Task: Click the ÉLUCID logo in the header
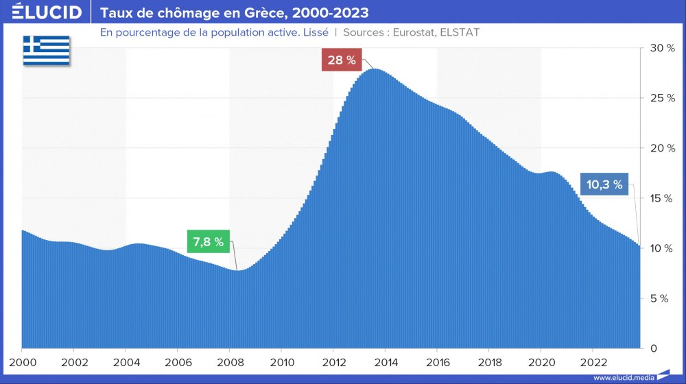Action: coord(47,12)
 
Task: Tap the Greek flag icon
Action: coord(47,50)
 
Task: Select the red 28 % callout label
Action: coord(342,60)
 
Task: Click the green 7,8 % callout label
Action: coord(209,241)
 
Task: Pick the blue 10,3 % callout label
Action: coord(604,184)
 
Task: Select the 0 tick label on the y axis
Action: coord(654,348)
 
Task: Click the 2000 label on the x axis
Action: coord(22,361)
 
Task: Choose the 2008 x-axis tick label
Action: coord(230,361)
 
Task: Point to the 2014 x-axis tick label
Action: coord(386,361)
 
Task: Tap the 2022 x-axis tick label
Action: coord(593,361)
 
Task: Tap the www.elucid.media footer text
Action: coord(624,377)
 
